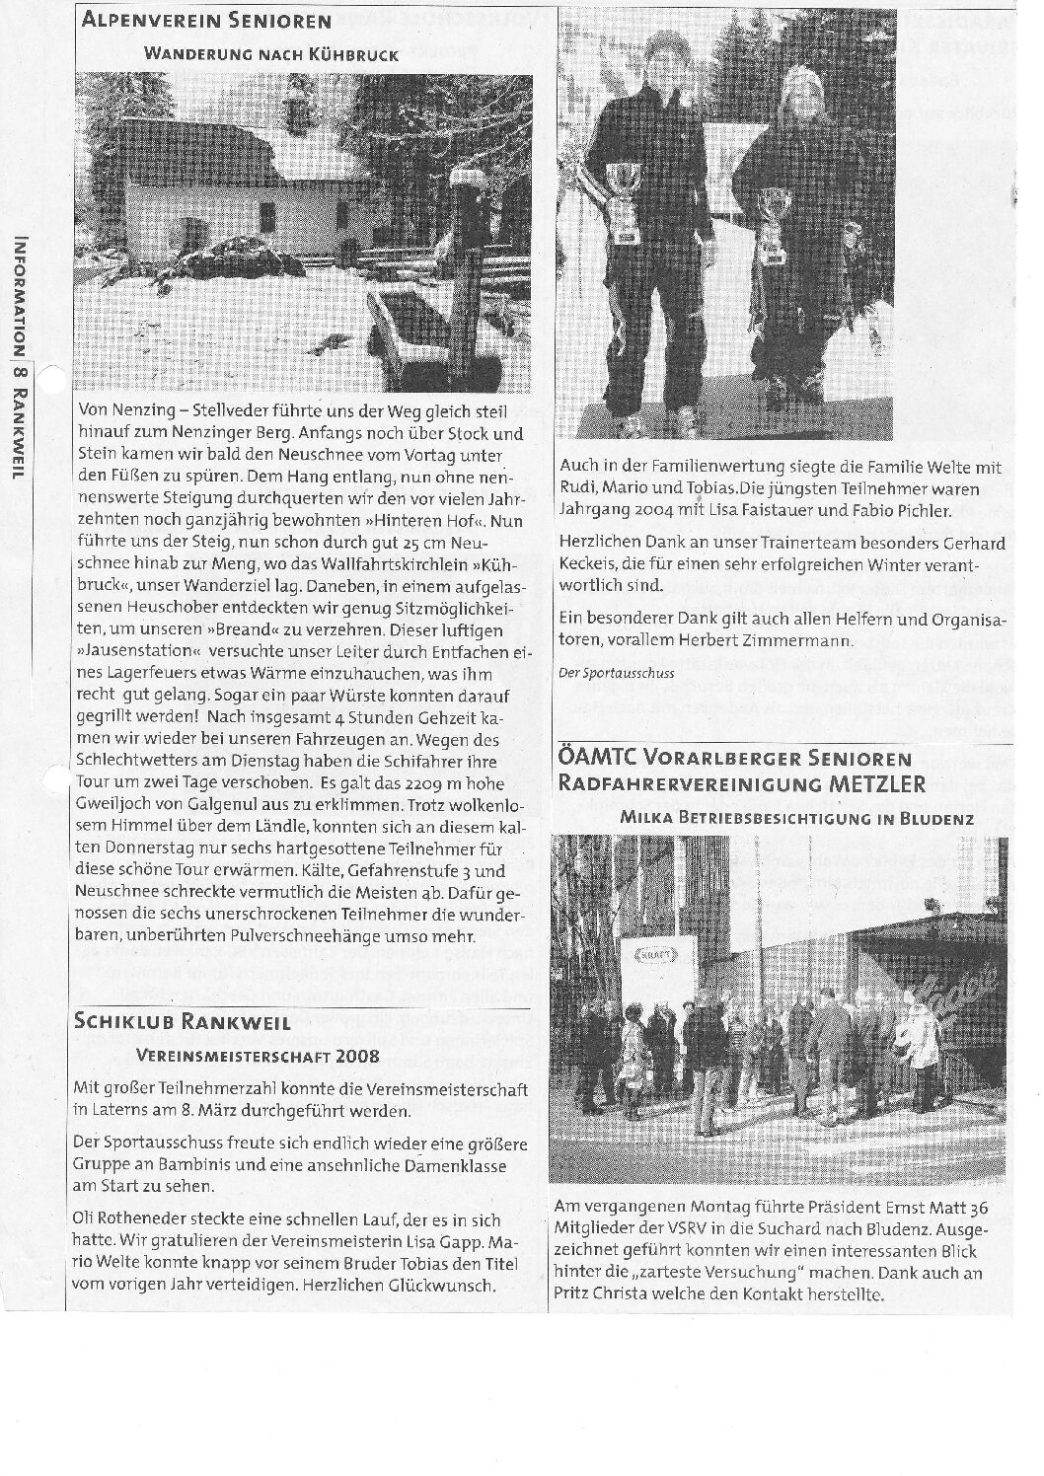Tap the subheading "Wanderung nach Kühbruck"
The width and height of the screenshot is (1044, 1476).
pos(271,55)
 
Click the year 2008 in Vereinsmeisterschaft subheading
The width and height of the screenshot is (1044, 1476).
pos(356,1056)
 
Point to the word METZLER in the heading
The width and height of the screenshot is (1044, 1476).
pos(875,784)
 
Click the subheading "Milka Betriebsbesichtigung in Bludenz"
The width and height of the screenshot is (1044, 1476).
pos(797,819)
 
